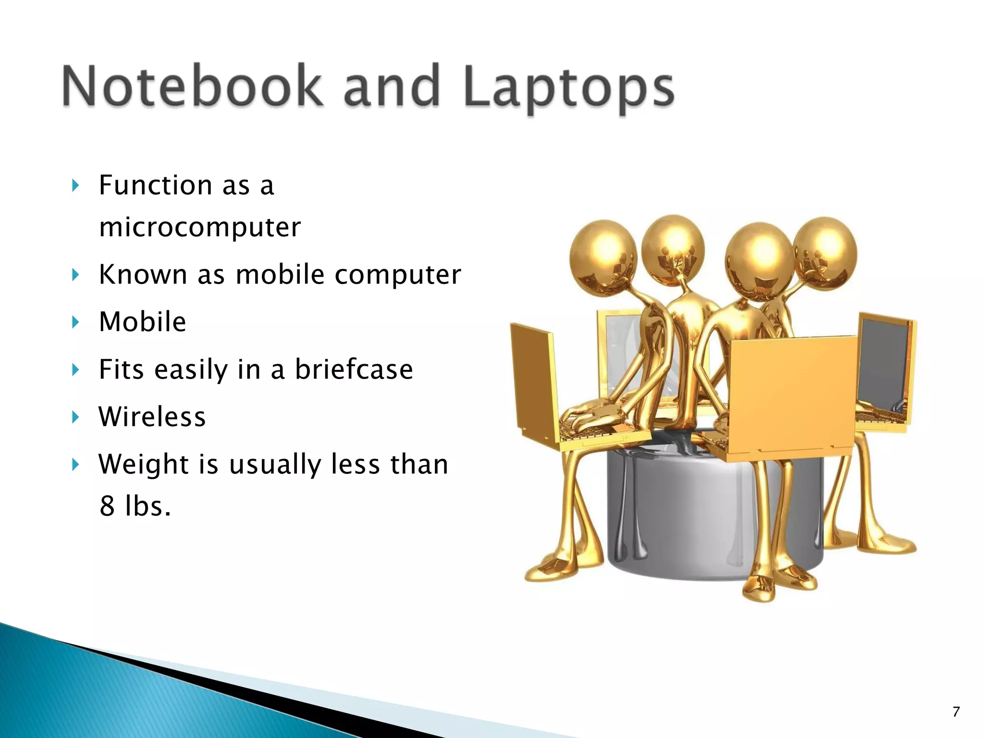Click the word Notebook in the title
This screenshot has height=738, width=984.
[x=192, y=86]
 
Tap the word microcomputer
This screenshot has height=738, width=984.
[x=200, y=227]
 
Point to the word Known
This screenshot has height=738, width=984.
[x=143, y=275]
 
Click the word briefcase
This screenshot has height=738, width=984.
[x=354, y=369]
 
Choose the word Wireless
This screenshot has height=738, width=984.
[x=152, y=417]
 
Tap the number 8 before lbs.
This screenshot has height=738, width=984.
[x=107, y=506]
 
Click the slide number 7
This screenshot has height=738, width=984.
[x=956, y=712]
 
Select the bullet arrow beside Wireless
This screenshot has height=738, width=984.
[x=75, y=417]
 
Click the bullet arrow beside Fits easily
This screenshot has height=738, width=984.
[x=75, y=370]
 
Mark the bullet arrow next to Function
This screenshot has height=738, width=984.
[x=75, y=185]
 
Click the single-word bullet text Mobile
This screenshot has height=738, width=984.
[x=143, y=321]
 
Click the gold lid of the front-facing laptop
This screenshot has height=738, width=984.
[x=793, y=394]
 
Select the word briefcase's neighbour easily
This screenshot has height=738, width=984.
[x=191, y=369]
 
